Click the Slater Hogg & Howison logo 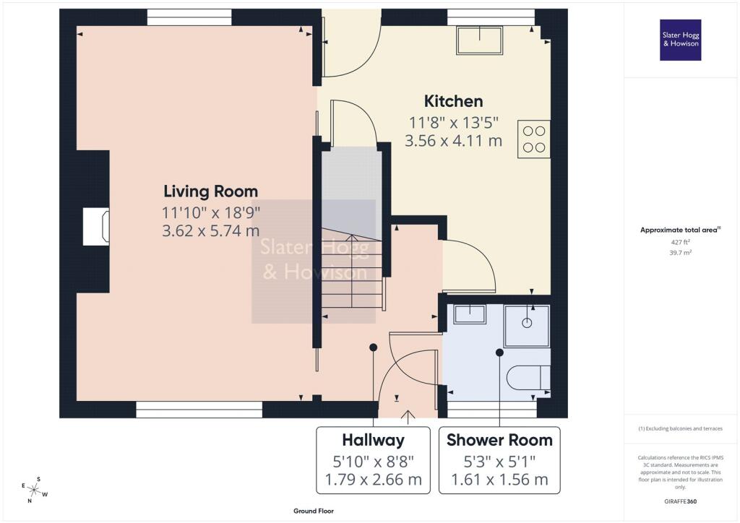pos(680,40)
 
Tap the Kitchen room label pos(453,101)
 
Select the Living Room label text pos(210,191)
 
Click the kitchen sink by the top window pos(479,40)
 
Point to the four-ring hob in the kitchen pos(534,139)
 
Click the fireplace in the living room pos(96,226)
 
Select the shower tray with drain pos(527,325)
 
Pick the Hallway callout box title pos(373,440)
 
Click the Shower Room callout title pos(499,440)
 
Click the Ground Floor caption pos(312,511)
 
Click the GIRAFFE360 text pos(680,501)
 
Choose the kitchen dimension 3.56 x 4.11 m pos(453,141)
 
